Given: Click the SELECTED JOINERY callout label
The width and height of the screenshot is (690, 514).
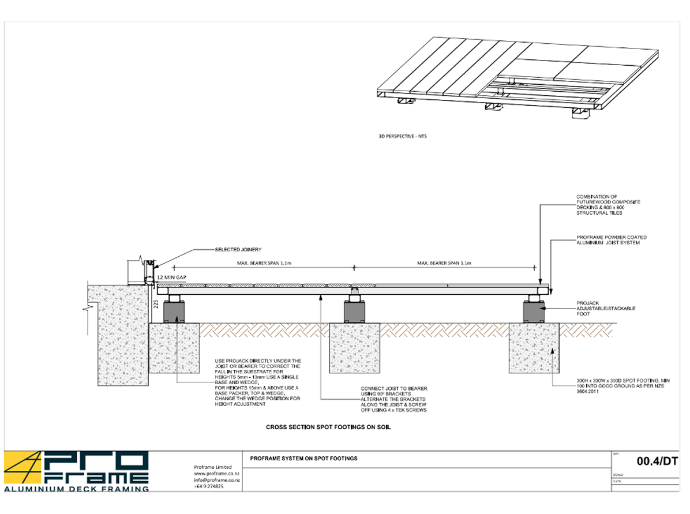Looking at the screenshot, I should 238,250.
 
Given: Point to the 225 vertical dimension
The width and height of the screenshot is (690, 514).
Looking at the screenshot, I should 155,304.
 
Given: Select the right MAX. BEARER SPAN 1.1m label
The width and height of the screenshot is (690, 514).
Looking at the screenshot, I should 444,264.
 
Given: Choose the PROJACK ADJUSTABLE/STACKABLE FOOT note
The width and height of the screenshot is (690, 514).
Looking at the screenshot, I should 605,309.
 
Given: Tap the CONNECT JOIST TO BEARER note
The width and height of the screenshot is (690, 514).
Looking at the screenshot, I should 394,399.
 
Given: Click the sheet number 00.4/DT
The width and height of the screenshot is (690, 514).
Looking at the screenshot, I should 657,461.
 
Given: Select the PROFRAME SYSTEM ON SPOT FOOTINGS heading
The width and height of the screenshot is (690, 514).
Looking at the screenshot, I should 304,459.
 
